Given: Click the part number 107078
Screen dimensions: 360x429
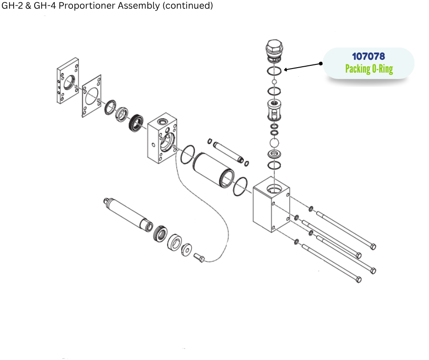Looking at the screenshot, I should [x=368, y=56].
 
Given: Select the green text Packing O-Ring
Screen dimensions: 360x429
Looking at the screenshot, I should [x=368, y=69].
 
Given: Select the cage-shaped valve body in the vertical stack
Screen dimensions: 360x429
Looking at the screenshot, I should [x=274, y=110].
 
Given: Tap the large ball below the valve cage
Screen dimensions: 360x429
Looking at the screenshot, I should [x=274, y=143].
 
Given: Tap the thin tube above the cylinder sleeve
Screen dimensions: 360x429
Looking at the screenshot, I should [x=227, y=150].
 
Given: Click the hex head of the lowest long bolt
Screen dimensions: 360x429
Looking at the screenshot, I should [x=358, y=279].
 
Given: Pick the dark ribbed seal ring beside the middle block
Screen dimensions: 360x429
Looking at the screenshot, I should [x=136, y=123].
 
